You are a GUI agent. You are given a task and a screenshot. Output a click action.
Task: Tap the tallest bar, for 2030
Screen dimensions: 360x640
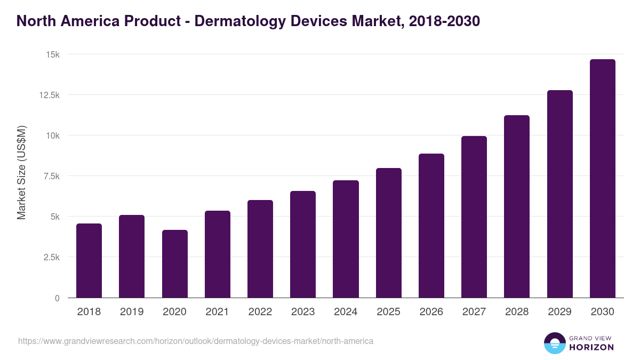[602, 178]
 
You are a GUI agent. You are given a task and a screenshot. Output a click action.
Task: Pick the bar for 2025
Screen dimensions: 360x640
[388, 233]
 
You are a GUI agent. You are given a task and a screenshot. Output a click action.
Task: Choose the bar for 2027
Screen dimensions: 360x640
[474, 217]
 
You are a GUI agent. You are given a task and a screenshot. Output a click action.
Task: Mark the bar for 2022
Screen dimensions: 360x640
[260, 249]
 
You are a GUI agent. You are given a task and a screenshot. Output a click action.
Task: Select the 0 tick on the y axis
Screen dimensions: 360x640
[57, 298]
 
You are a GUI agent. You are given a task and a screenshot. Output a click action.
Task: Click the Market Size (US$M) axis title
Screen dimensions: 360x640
[21, 173]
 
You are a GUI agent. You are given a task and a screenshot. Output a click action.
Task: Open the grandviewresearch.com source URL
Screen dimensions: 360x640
[195, 340]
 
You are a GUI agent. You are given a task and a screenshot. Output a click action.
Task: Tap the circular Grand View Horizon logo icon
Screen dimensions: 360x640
[555, 343]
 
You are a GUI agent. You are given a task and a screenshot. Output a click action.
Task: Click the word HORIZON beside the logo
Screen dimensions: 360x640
[591, 347]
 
